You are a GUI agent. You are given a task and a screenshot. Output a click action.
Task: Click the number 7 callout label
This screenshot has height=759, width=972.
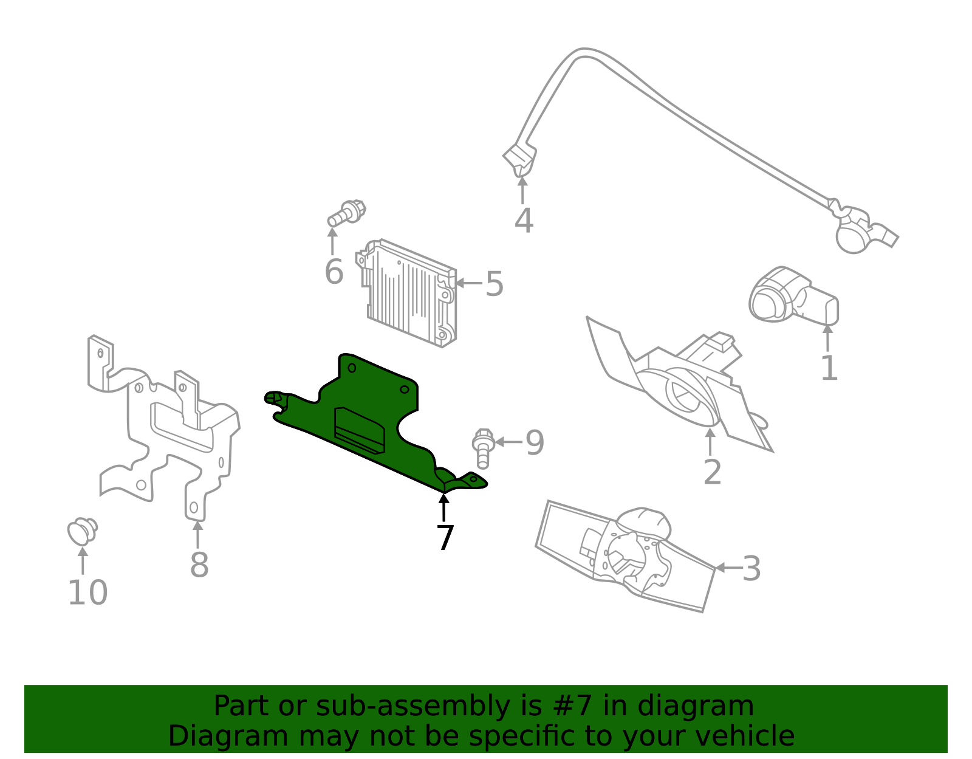[445, 538]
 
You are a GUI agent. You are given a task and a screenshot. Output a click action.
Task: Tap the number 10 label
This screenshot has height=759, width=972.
[87, 592]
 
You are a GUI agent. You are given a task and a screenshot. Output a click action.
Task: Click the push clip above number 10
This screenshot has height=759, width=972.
[82, 531]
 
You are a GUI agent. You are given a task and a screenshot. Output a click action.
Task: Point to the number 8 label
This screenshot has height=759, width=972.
[199, 565]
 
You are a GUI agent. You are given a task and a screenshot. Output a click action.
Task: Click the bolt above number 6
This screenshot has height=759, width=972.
[347, 213]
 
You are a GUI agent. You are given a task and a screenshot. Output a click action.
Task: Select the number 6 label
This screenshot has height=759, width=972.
[334, 272]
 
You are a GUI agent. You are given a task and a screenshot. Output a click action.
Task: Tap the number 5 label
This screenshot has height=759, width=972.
[494, 284]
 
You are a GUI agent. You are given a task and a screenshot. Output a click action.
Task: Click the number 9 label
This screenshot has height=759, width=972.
[535, 442]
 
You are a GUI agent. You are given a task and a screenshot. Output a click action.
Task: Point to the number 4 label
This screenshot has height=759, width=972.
[524, 221]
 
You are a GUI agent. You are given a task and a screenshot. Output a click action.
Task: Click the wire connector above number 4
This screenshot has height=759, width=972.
[520, 159]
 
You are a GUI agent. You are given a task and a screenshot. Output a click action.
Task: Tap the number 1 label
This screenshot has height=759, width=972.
[829, 368]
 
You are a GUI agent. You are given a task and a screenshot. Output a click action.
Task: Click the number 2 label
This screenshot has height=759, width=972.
[712, 472]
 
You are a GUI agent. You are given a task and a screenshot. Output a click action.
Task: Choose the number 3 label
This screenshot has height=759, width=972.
[751, 569]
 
